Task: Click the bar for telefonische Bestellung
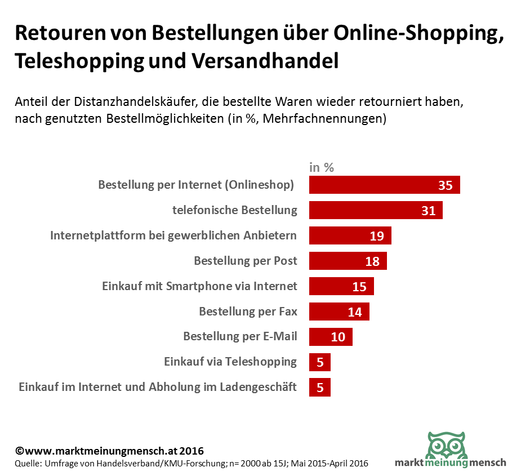pos(376,210)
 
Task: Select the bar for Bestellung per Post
pos(348,261)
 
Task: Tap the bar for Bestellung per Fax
pos(339,311)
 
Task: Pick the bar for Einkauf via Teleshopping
pos(319,362)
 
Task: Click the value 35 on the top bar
pos(445,185)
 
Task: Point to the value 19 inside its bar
pos(377,235)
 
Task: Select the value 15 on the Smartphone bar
pos(359,286)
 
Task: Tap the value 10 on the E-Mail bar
pos(338,337)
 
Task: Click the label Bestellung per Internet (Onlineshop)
pos(196,185)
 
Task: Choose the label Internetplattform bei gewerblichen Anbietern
pos(173,235)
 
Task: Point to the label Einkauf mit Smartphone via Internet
pos(199,286)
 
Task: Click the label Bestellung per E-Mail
pos(240,337)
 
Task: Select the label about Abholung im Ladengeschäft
pos(158,387)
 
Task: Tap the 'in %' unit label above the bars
pos(322,167)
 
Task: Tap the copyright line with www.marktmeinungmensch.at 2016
pos(109,451)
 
